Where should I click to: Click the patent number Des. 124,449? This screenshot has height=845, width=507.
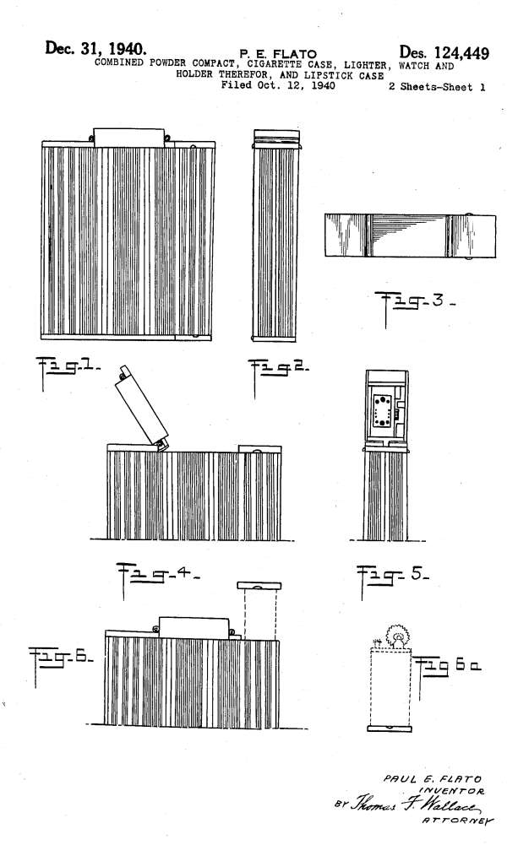(444, 53)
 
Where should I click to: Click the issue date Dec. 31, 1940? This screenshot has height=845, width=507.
(95, 48)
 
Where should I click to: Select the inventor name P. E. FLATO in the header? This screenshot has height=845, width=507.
(278, 53)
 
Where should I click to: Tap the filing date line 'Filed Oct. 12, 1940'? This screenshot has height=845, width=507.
(278, 85)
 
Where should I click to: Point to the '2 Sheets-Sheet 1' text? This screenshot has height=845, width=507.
(437, 87)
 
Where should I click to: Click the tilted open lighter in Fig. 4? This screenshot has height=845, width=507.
(141, 408)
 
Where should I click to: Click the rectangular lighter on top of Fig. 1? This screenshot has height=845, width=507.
(129, 137)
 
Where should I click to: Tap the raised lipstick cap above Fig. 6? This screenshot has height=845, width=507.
(259, 585)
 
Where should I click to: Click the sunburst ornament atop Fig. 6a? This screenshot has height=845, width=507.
(398, 637)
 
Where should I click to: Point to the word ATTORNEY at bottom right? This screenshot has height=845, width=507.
(457, 821)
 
